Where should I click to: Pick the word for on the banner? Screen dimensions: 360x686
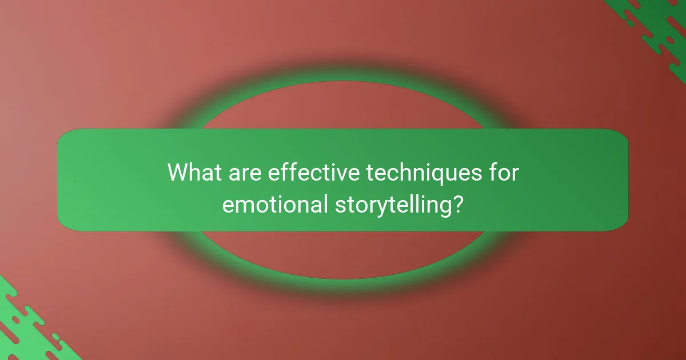point(503,172)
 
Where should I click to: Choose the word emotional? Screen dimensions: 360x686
point(273,204)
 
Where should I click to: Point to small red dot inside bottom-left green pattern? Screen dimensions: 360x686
point(15,320)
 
